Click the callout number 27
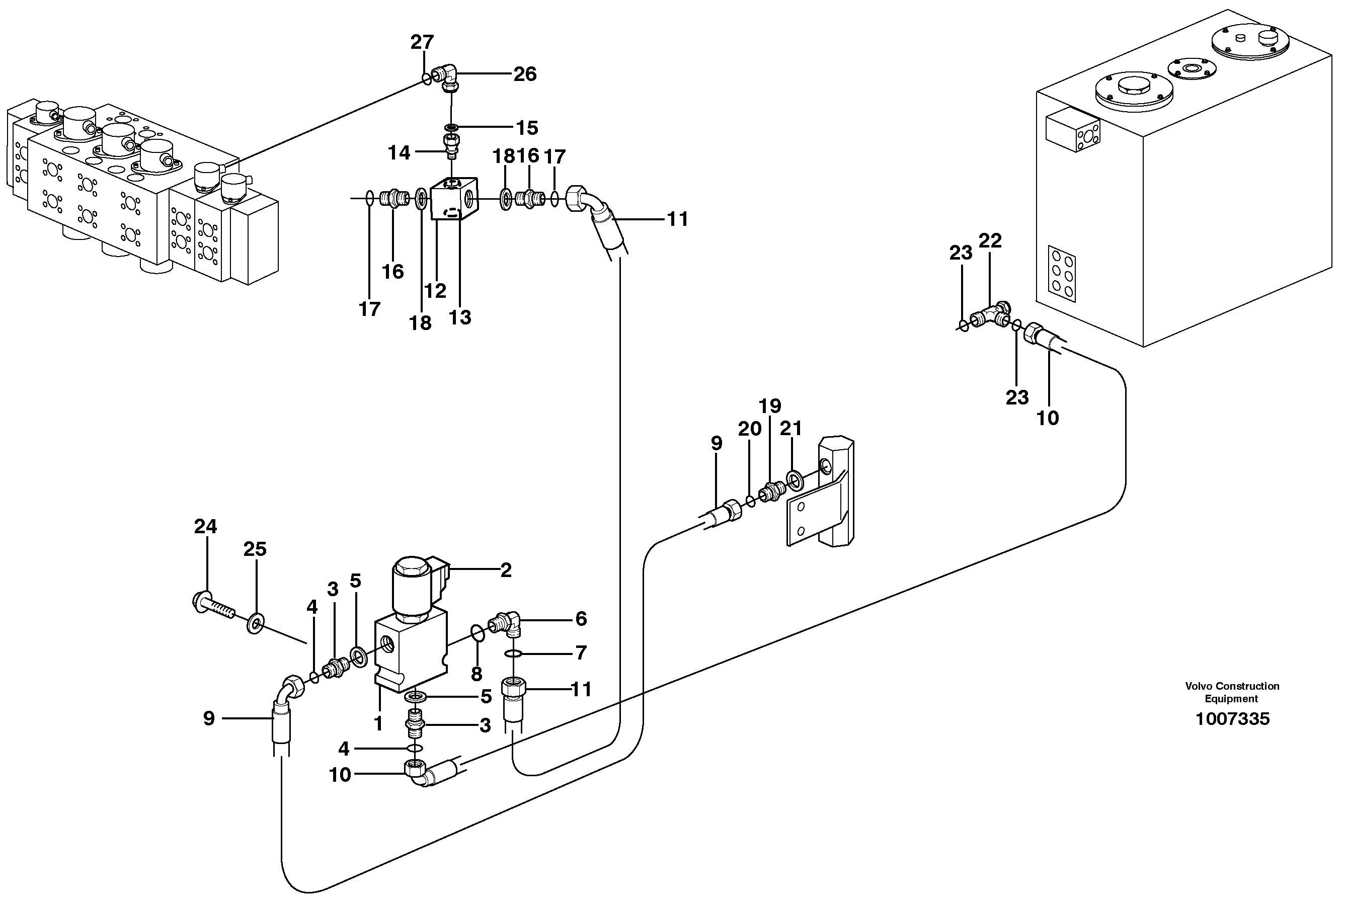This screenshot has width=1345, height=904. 422,42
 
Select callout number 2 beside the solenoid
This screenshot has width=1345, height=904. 506,570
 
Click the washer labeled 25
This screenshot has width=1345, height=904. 255,623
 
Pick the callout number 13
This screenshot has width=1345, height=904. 459,317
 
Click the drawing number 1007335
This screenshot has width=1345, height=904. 1232,719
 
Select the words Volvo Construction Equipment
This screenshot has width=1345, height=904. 1232,692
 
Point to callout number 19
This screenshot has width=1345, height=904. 770,406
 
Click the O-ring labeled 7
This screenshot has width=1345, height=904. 514,653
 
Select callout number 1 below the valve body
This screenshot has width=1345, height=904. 378,723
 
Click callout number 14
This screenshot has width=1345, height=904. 399,152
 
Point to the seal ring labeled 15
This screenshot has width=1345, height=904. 451,127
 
